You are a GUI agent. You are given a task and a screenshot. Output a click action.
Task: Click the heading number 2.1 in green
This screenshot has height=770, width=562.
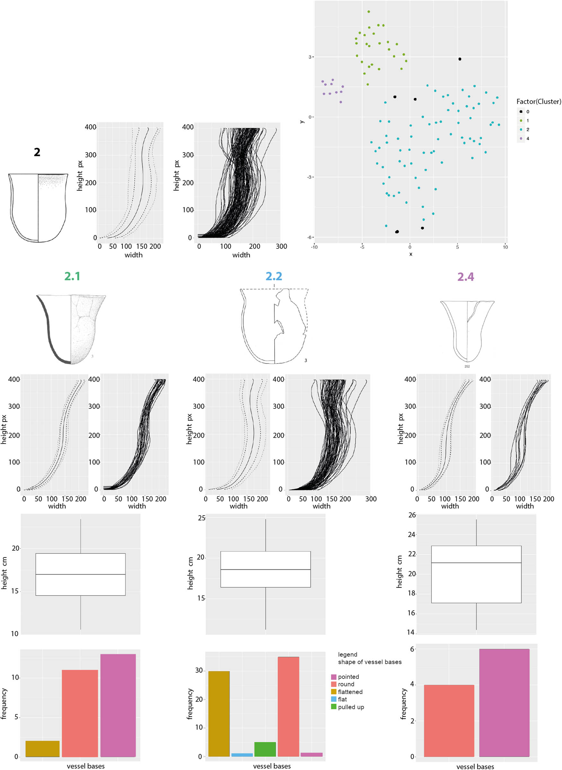(72, 276)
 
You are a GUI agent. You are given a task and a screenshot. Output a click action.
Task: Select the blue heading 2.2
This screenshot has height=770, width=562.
(274, 276)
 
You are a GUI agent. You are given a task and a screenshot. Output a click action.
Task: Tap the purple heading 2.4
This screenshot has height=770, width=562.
(465, 276)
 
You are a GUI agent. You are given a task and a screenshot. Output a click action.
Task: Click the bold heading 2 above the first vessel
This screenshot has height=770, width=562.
(37, 152)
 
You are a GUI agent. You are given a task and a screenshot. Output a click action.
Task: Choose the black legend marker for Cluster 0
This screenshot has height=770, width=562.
(521, 111)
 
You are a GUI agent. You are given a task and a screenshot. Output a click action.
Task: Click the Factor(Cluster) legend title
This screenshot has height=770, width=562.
(539, 102)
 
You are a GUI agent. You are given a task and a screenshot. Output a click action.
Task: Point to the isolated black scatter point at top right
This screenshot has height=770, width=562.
(460, 59)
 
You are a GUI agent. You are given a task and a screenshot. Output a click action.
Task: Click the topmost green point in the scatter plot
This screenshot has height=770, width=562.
(368, 12)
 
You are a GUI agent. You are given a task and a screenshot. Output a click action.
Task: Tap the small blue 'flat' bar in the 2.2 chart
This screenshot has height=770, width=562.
(242, 755)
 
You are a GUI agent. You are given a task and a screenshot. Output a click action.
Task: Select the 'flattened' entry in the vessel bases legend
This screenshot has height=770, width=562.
(350, 692)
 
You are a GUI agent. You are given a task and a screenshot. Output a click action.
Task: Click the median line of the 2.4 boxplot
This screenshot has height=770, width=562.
(476, 563)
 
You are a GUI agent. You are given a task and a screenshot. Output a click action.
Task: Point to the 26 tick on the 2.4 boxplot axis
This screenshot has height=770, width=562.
(411, 515)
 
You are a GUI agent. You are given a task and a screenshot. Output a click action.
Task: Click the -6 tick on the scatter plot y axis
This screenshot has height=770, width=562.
(310, 237)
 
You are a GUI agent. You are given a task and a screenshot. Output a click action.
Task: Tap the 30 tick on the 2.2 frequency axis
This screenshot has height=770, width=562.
(199, 670)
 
